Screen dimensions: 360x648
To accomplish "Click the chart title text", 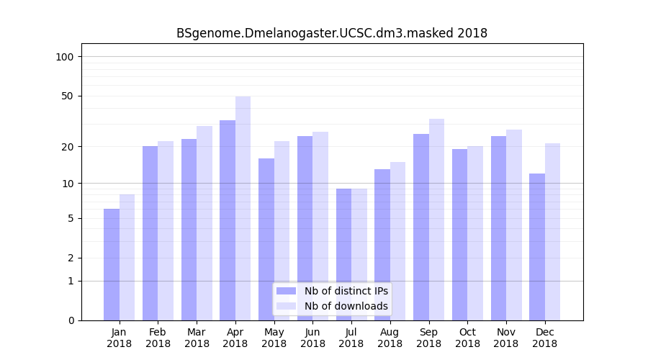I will point(332,33).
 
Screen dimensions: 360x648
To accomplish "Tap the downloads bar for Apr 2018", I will point(243,208).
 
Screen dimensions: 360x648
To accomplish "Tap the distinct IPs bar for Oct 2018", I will point(460,235).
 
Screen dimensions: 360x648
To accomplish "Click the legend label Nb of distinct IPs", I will point(346,291).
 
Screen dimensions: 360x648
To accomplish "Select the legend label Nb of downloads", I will point(346,306).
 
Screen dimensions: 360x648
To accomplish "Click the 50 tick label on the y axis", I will point(68,96).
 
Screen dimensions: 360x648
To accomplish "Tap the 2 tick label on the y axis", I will point(71,258).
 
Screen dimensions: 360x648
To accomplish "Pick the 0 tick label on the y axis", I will point(71,320).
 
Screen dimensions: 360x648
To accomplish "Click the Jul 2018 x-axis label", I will point(351,338).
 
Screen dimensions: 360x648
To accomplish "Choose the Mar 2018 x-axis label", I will point(197,338).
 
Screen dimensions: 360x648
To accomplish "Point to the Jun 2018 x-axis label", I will point(312,338).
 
